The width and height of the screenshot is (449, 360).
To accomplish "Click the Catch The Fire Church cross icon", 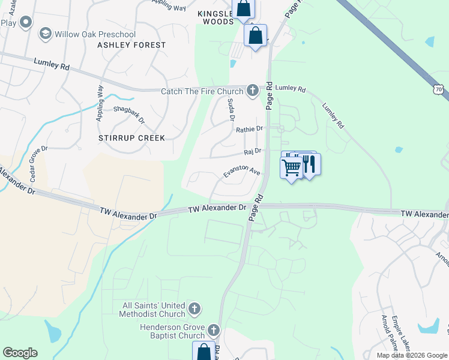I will click(253, 91).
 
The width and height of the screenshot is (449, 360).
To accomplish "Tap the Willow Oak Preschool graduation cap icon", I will click(45, 34).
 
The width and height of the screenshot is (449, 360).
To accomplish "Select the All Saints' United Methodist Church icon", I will click(194, 309).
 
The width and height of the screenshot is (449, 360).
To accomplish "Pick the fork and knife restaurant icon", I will click(309, 164).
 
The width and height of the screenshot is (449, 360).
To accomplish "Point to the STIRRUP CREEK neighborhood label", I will click(131, 138).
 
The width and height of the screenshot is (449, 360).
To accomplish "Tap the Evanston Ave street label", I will click(241, 170).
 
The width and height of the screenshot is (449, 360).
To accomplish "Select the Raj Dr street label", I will click(253, 151).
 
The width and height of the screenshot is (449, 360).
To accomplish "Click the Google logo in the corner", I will click(20, 353).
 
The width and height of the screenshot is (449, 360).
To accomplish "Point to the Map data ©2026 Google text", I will click(411, 355).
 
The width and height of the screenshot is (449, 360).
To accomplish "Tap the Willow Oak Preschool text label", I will click(95, 35).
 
